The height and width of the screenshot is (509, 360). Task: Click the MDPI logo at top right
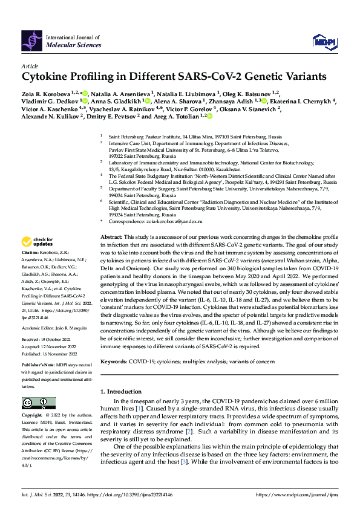323,41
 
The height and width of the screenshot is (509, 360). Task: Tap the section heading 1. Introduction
126,392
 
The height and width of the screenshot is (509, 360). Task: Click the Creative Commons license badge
35,403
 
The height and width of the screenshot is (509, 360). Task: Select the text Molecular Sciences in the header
67,44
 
